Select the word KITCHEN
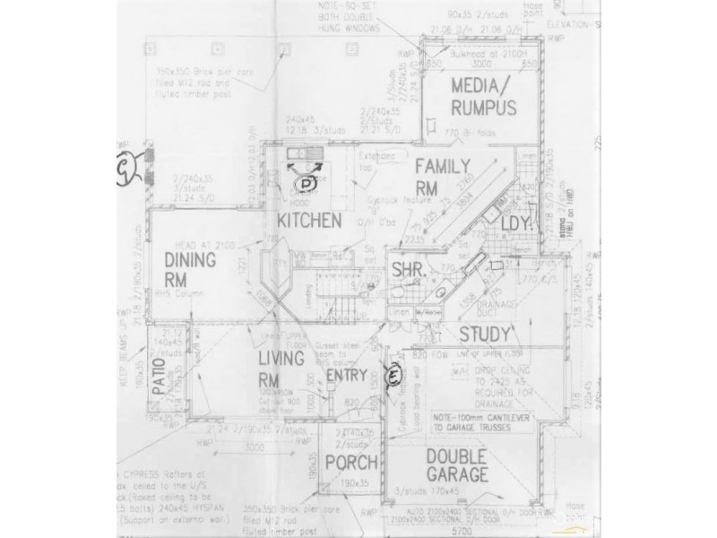307,221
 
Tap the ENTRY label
346,375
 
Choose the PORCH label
350,463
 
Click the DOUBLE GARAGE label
457,464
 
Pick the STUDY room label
484,334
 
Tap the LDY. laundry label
517,223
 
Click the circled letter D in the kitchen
307,183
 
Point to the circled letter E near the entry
391,376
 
